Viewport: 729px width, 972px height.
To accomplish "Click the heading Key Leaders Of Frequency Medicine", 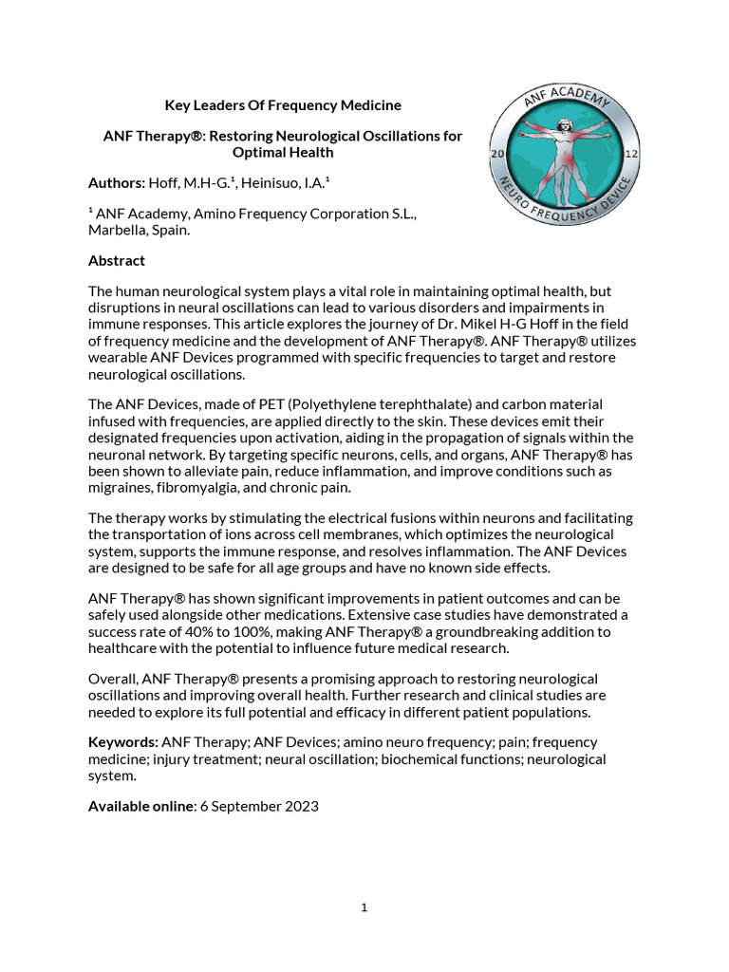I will coord(283,104).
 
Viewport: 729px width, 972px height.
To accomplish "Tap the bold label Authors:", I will coord(117,182).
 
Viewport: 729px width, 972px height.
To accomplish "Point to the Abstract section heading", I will coord(117,260).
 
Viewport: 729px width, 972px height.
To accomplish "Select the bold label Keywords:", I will coord(123,741).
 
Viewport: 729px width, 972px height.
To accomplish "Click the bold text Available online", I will coord(140,806).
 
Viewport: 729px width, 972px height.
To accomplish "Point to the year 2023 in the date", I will coord(301,806).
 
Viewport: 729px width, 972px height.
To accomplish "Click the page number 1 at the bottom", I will coord(364,907).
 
